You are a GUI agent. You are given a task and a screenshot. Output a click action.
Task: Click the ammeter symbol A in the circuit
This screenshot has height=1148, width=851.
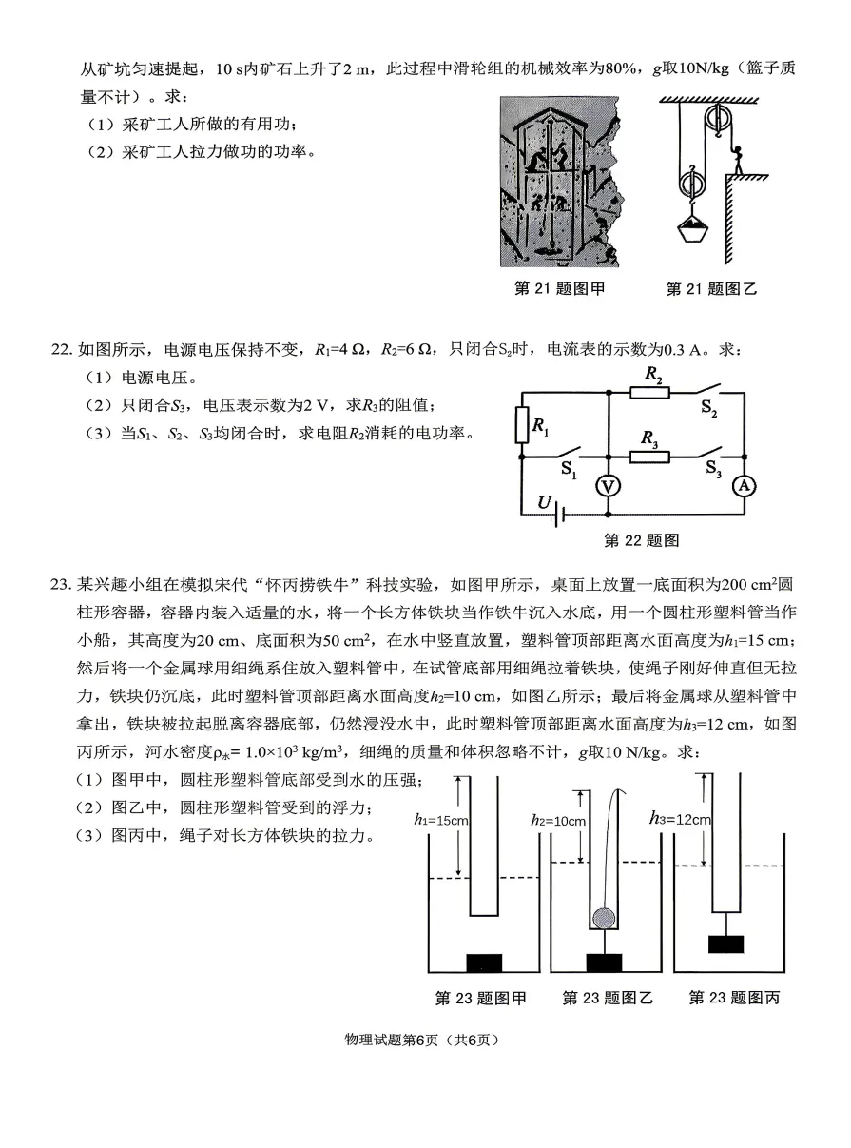point(745,485)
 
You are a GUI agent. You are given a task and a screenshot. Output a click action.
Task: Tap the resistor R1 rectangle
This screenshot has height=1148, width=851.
point(521,425)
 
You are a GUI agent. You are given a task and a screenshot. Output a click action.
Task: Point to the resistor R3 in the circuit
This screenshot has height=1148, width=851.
point(650,457)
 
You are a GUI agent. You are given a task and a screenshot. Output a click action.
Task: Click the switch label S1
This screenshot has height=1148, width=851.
point(569,470)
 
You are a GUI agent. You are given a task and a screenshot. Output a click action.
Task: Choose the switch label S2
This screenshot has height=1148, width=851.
point(711,406)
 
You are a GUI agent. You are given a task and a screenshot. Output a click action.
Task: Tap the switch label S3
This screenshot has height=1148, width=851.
point(714,468)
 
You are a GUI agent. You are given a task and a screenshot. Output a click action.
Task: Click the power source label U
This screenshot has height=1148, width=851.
point(544,501)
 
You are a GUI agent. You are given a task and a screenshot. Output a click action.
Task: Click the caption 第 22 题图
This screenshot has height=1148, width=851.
point(642,540)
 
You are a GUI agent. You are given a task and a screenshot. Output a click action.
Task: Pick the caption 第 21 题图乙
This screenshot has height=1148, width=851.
point(711,288)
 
